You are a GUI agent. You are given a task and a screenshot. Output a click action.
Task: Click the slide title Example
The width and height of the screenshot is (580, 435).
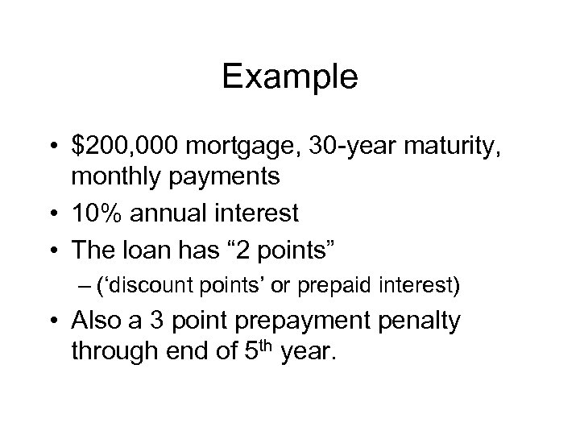click(x=289, y=77)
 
